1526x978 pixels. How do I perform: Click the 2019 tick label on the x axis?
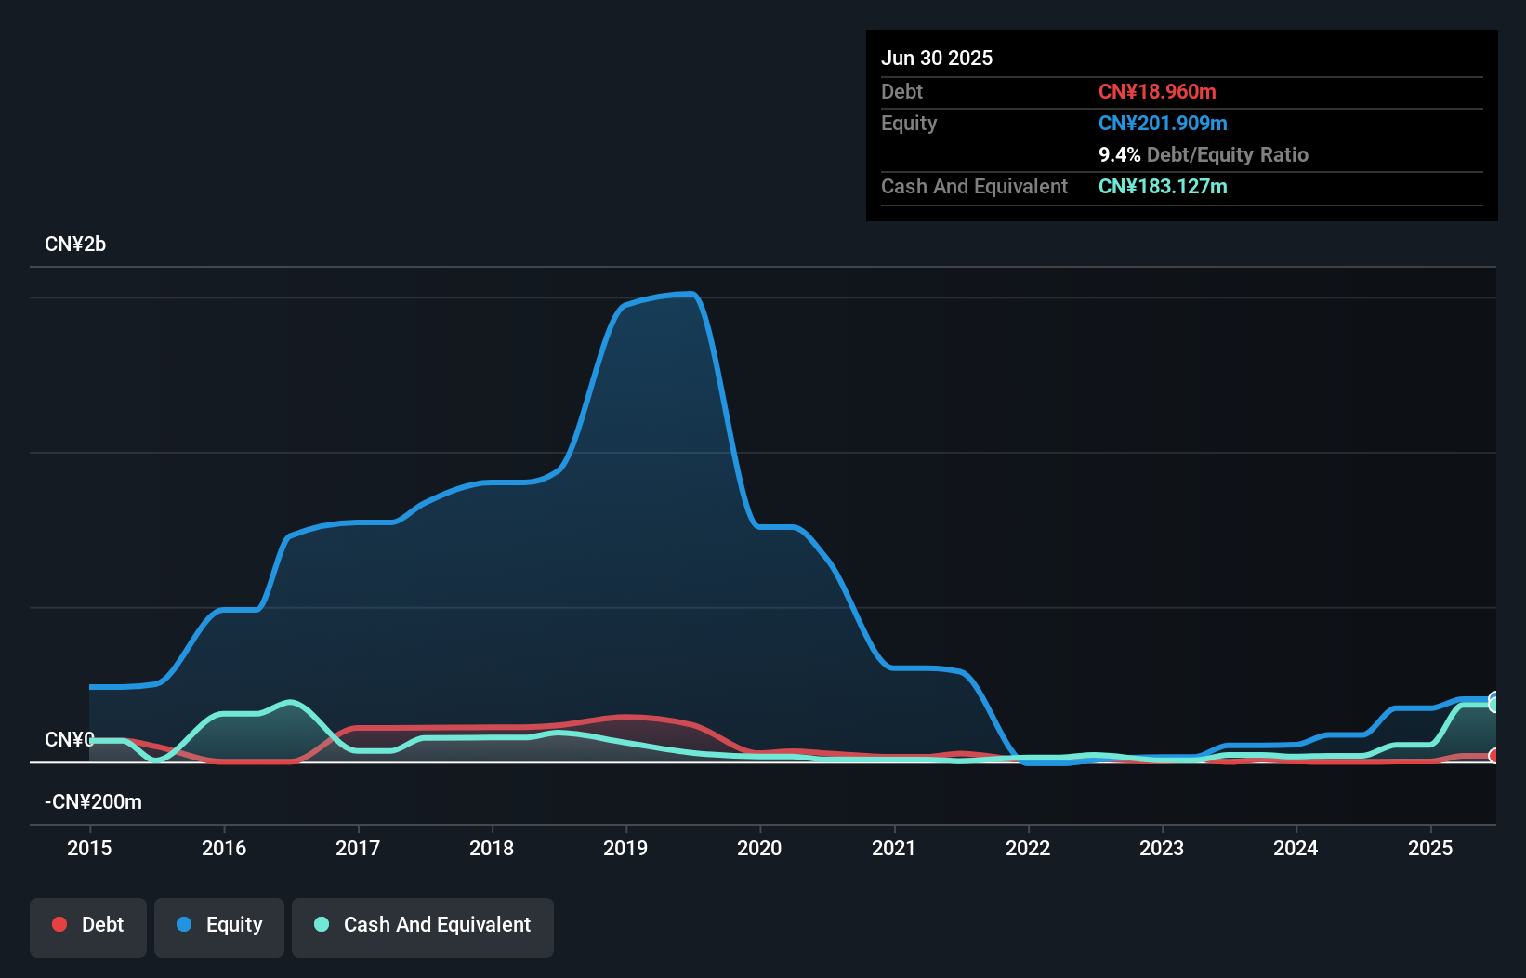[625, 848]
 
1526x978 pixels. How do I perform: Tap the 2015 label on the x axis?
[89, 848]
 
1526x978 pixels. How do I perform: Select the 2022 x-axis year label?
[1028, 848]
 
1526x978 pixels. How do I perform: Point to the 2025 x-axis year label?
[1429, 848]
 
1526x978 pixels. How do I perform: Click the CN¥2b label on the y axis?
[75, 244]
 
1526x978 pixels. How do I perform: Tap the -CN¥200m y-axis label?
[93, 801]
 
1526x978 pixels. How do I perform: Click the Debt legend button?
[88, 925]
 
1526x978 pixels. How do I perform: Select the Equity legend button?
[219, 925]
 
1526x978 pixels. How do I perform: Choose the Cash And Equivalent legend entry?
[423, 925]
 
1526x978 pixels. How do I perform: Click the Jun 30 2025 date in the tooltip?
[937, 58]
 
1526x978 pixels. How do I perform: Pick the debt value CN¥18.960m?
[1157, 91]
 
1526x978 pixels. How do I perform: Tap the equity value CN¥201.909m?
[1163, 123]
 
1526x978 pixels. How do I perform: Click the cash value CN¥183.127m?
[1163, 186]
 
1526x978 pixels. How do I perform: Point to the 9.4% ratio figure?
[1119, 154]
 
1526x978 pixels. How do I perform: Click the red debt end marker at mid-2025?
[1493, 756]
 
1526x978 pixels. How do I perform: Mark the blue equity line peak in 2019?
[688, 295]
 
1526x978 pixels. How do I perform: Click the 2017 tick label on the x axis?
[358, 848]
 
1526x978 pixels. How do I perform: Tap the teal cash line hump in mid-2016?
[292, 702]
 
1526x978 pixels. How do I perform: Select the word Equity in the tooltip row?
[909, 123]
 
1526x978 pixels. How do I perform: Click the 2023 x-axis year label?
[1162, 848]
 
